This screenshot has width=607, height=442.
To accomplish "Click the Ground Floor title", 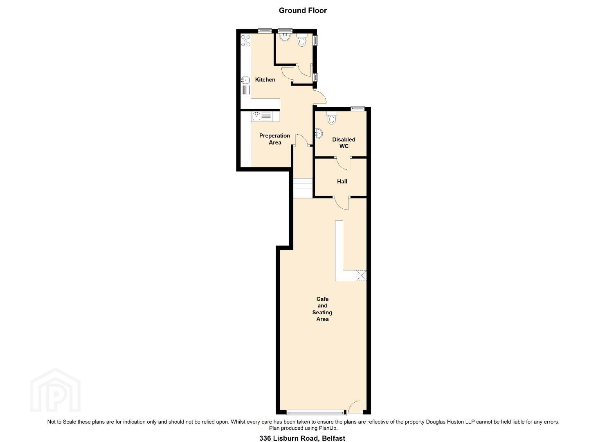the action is pyautogui.click(x=303, y=11).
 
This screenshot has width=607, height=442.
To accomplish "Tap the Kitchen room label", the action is pyautogui.click(x=265, y=80).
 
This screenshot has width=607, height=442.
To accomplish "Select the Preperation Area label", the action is pyautogui.click(x=274, y=139).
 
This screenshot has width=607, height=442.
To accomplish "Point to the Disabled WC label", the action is pyautogui.click(x=344, y=143).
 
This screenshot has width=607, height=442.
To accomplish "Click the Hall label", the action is pyautogui.click(x=342, y=181).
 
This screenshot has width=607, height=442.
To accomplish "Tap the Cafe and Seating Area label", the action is pyautogui.click(x=322, y=309).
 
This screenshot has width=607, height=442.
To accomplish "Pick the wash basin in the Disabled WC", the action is pyautogui.click(x=318, y=133).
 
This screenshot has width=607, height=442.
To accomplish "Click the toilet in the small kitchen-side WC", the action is pyautogui.click(x=301, y=40).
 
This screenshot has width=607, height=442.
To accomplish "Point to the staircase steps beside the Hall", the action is pyautogui.click(x=303, y=188).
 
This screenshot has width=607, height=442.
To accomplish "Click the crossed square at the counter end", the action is pyautogui.click(x=361, y=275).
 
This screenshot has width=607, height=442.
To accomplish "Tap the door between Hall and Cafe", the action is pyautogui.click(x=342, y=203).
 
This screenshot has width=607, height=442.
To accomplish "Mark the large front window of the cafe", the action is pyautogui.click(x=315, y=420).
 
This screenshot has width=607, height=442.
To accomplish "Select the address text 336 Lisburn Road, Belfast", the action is pyautogui.click(x=302, y=438).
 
